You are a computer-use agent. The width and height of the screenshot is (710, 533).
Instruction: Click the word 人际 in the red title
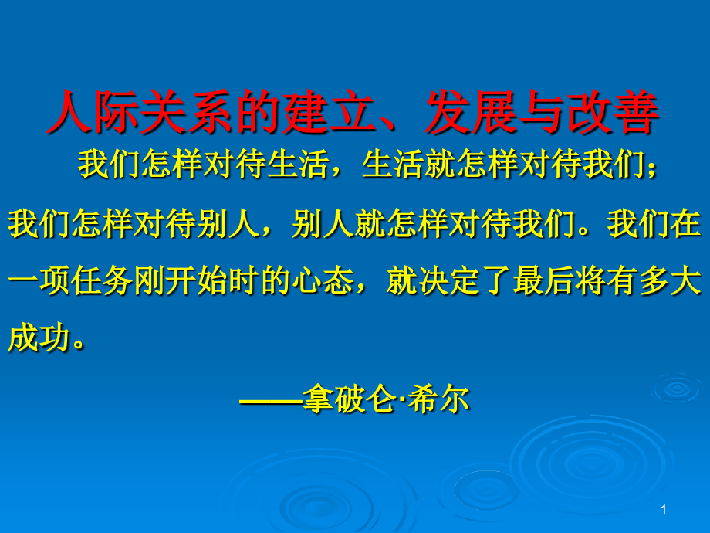pos(81,114)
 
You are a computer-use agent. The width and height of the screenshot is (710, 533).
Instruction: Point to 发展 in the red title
pos(455,114)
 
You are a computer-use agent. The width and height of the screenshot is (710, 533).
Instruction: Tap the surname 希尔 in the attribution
pos(438,399)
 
